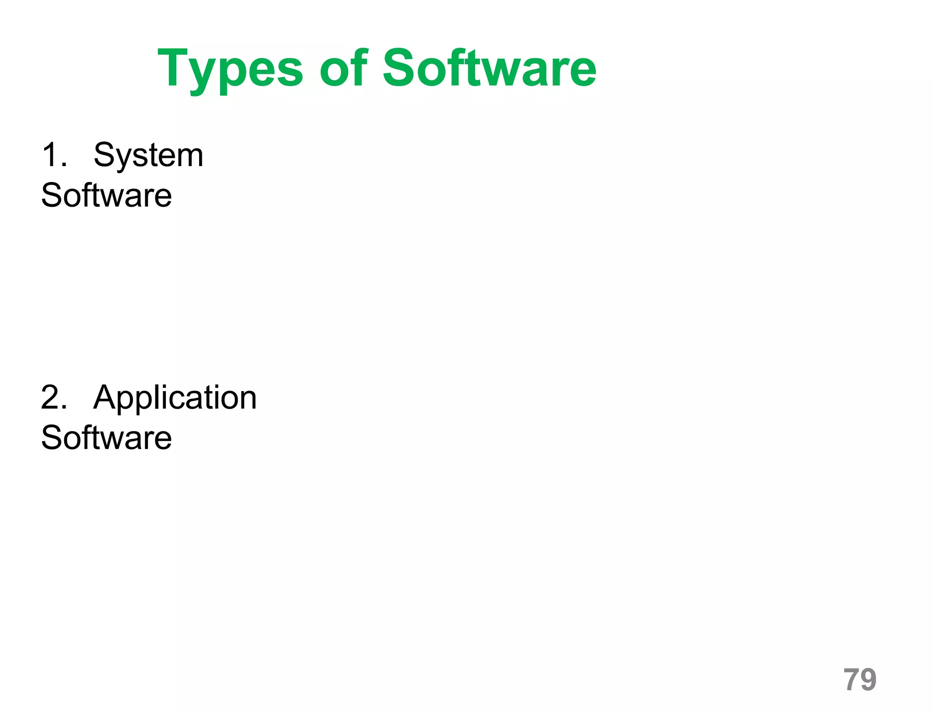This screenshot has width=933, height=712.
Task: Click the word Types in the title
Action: tap(230, 69)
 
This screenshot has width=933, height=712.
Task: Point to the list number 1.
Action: tap(54, 155)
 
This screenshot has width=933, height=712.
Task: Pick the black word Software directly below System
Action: tap(107, 195)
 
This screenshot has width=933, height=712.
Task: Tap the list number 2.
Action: tap(54, 397)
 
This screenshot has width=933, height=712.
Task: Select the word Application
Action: tap(175, 398)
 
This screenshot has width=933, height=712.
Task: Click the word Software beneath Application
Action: tap(107, 437)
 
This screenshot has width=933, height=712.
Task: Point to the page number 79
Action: tap(860, 680)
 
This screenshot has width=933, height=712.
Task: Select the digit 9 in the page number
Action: tap(868, 680)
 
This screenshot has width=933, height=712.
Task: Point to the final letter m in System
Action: tap(190, 157)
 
